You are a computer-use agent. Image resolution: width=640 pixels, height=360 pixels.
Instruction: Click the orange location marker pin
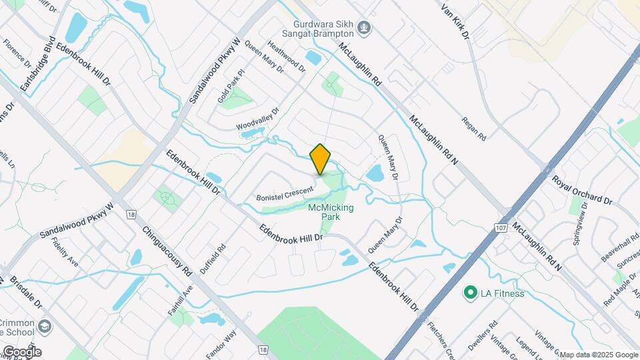[321, 159]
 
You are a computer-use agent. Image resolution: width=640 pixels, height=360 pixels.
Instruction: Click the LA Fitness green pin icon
[470, 293]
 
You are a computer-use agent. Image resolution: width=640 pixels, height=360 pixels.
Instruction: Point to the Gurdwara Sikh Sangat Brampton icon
[364, 27]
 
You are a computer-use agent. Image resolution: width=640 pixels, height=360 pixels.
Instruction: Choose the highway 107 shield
[501, 228]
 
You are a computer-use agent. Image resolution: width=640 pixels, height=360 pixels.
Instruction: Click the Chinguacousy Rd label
[167, 249]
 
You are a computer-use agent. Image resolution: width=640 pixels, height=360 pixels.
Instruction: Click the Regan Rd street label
[474, 127]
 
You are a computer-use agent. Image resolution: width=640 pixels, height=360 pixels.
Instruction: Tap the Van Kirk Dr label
[456, 19]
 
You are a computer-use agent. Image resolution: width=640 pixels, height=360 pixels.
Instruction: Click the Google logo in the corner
[22, 351]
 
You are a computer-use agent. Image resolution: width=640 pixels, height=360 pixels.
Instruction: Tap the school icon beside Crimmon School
[44, 326]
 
